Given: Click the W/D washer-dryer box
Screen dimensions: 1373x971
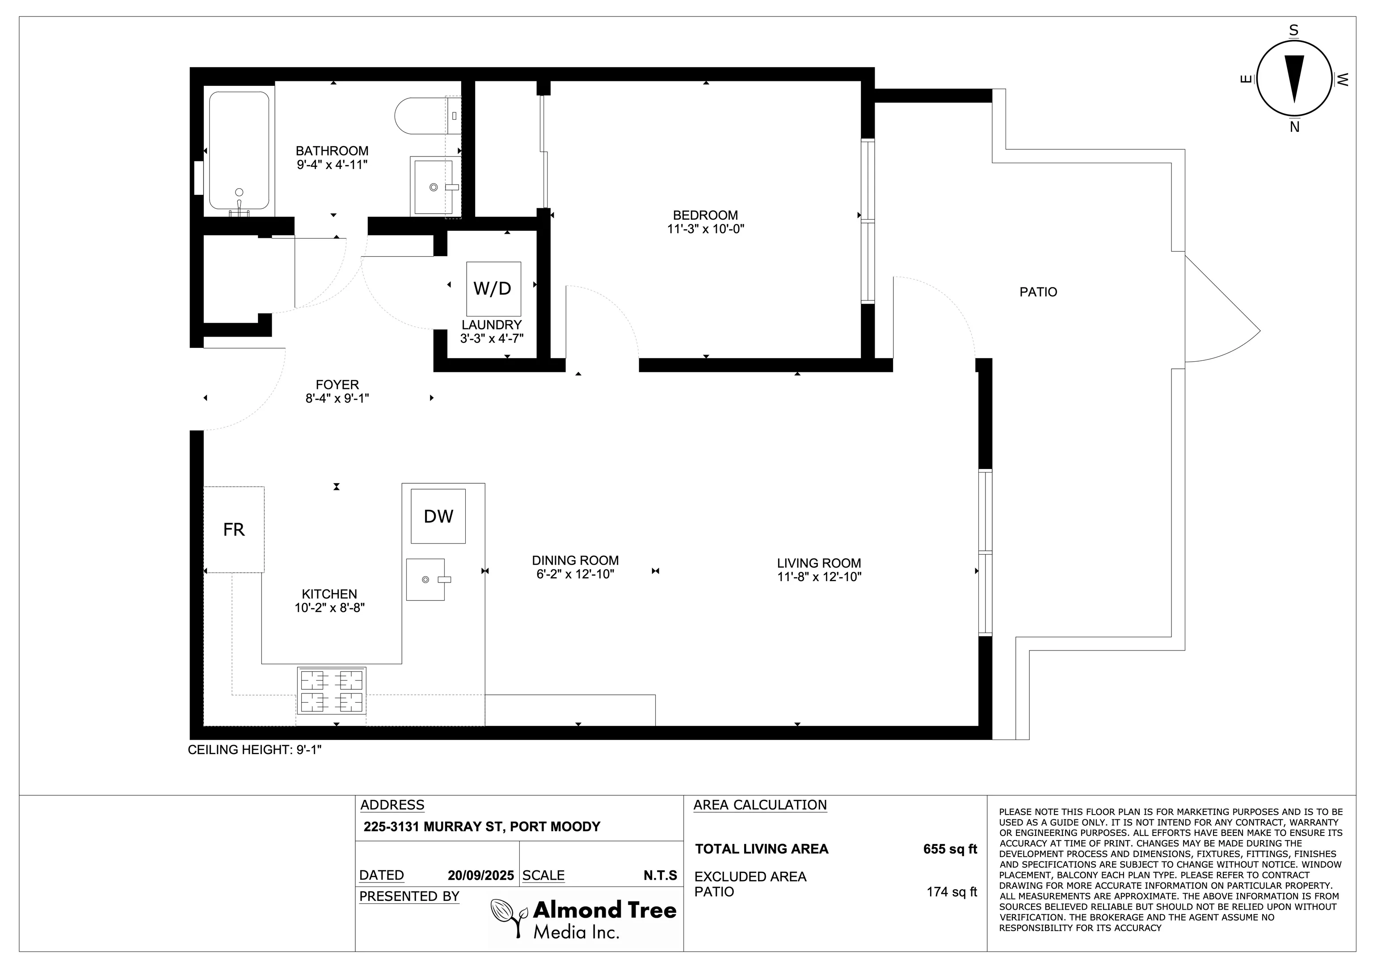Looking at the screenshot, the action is [x=493, y=288].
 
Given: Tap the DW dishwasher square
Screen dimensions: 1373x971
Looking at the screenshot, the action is [x=438, y=516].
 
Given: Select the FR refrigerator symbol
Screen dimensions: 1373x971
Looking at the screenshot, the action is [x=234, y=529].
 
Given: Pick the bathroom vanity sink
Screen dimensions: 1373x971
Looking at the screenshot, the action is [x=432, y=186].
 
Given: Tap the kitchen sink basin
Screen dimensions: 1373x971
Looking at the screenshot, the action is [x=426, y=579].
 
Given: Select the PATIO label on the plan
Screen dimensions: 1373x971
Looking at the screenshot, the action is [x=1038, y=292].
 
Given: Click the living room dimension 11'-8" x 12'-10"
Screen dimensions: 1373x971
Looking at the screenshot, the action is [x=819, y=577].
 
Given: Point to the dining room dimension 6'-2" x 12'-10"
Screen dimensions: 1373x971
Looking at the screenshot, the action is [x=575, y=574].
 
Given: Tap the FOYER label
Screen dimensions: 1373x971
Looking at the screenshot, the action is [x=337, y=385].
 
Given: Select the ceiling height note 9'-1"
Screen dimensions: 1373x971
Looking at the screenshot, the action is [x=255, y=750].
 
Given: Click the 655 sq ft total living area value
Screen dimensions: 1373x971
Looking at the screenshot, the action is [x=950, y=849].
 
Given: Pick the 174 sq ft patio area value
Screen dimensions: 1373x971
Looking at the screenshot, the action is [x=952, y=892].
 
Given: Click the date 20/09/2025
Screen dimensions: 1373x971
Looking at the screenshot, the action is [x=481, y=875].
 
